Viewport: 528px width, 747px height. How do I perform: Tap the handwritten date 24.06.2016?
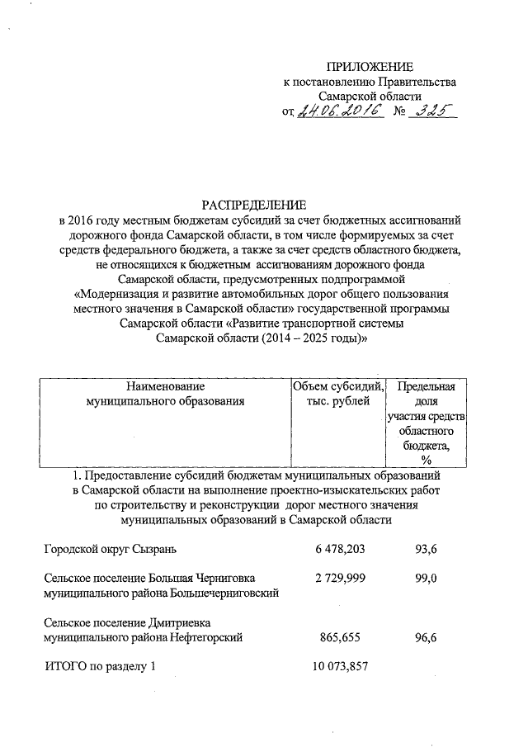pos(341,112)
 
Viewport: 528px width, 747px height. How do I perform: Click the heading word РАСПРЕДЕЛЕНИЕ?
pos(254,204)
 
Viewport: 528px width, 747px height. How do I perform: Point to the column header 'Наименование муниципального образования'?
pos(166,394)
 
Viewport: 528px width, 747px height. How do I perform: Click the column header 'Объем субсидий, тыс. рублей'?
pos(338,394)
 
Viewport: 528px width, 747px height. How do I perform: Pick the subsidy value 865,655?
pos(342,637)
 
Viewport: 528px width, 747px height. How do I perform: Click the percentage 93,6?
pos(426,549)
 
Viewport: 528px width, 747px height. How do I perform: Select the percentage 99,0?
pos(426,578)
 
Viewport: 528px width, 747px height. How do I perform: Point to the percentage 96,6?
pos(426,637)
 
